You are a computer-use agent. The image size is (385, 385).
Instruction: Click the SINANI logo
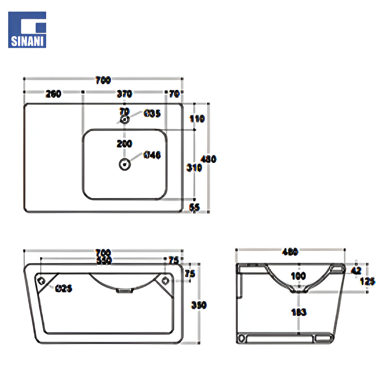click(27, 30)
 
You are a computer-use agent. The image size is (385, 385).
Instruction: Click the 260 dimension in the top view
click(53, 94)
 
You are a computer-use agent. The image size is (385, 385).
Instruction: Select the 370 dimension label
click(124, 94)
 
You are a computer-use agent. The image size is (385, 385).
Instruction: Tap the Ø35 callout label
click(152, 113)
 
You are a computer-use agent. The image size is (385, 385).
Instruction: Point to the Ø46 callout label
click(152, 155)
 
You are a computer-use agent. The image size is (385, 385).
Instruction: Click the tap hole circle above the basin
click(124, 120)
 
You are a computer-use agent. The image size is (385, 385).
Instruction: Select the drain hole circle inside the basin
click(124, 164)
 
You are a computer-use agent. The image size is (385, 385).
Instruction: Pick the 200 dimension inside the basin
click(124, 143)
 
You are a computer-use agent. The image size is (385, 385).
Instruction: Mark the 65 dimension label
click(194, 208)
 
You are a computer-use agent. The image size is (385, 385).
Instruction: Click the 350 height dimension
click(199, 305)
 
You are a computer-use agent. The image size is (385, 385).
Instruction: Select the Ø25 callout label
click(64, 288)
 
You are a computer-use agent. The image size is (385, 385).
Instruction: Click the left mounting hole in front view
click(41, 280)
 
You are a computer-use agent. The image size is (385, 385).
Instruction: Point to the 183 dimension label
click(299, 312)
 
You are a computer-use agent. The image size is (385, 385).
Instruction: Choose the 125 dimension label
click(368, 281)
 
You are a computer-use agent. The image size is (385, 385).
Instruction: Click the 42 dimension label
click(356, 270)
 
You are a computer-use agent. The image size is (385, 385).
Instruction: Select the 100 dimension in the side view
click(299, 276)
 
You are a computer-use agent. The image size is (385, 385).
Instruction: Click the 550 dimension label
click(103, 261)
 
